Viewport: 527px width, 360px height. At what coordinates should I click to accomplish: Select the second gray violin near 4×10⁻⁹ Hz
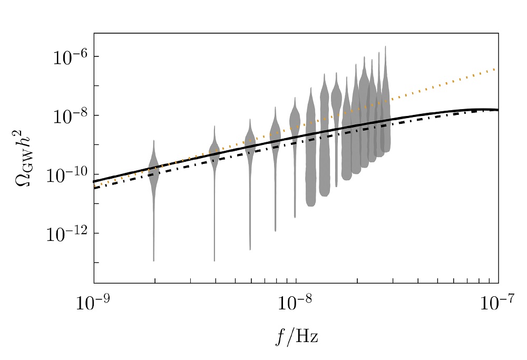[x=214, y=153]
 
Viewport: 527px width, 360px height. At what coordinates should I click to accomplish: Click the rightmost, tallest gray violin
[x=386, y=105]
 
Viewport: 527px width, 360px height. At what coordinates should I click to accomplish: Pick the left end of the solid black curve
[x=95, y=181]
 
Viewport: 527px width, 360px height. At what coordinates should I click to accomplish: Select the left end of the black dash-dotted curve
[x=95, y=188]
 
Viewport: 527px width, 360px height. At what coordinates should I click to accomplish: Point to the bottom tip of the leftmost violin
[x=154, y=260]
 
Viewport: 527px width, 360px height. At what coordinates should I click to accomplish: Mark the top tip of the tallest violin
[x=386, y=46]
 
